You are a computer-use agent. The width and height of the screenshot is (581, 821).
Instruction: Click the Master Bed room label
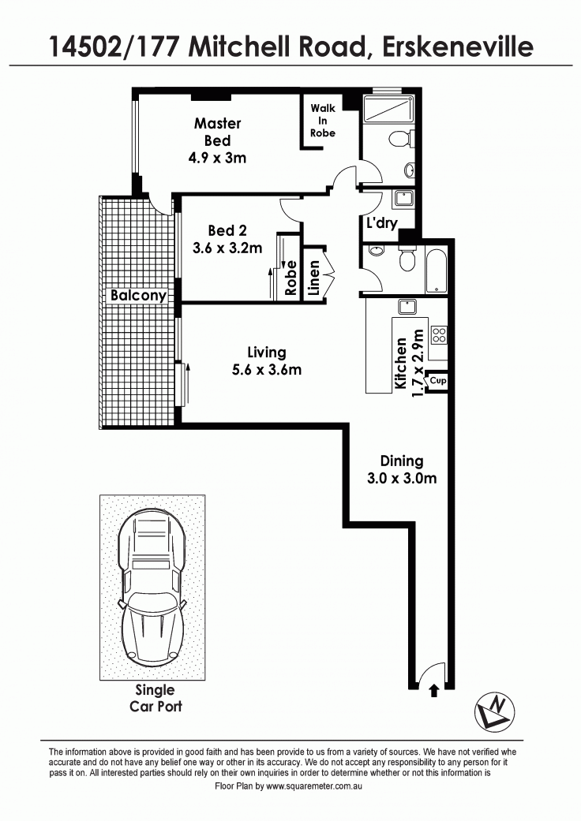point(217,132)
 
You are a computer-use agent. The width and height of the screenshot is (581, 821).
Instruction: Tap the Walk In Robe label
point(323,121)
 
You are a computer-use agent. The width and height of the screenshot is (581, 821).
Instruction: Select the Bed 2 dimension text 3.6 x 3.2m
point(227,248)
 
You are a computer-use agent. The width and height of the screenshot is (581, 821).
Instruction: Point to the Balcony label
point(138,295)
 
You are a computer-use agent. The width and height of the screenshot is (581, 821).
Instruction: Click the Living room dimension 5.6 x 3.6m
point(267,370)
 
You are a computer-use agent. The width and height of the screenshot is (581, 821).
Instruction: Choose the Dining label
point(402,461)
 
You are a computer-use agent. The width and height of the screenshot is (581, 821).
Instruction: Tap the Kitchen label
point(401,363)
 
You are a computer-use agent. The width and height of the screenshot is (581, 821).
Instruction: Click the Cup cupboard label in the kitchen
point(438,380)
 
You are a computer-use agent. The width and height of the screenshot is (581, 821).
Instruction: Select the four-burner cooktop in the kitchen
point(439,335)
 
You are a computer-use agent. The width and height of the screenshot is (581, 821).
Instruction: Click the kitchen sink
point(407,306)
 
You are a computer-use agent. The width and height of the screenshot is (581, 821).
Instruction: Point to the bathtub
point(436,272)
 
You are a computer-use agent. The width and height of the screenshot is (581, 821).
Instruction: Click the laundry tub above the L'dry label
point(403,199)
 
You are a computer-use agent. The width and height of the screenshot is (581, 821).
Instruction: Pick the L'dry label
point(382,223)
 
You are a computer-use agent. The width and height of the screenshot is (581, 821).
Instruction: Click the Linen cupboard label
point(314,278)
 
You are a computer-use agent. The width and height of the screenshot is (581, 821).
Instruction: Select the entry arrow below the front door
point(434,691)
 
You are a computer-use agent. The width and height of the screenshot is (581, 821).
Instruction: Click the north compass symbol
point(494,711)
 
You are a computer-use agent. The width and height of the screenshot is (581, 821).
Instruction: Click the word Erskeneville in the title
point(457,47)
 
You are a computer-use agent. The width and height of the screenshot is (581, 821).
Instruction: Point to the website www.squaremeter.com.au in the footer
point(314,786)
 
